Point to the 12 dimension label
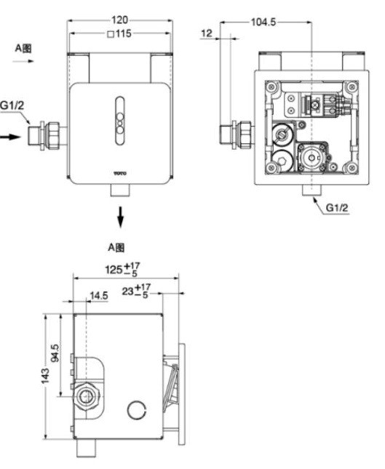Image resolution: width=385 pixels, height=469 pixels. coord(208,34)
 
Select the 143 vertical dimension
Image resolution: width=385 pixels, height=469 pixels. coord(46,375)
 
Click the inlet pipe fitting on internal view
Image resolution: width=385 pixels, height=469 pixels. coord(237,133)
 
